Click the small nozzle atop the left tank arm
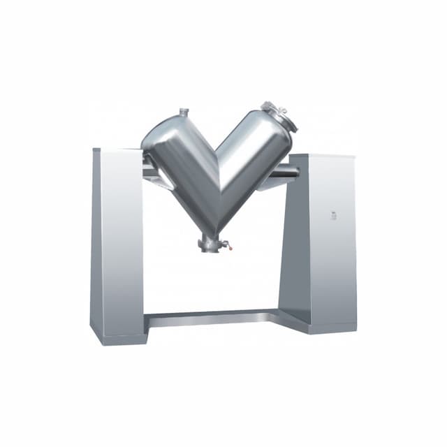tap(184, 112)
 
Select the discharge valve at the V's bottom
tap(210, 244)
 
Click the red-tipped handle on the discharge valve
tap(226, 245)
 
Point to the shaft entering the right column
tap(286, 170)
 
